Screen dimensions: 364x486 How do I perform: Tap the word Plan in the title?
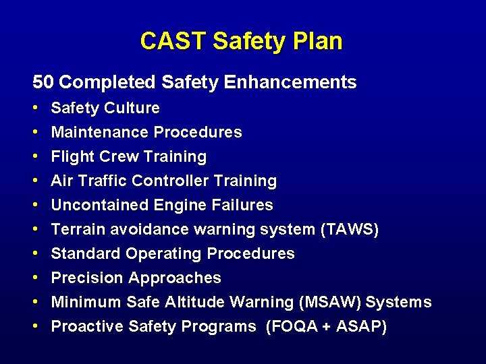pyautogui.click(x=319, y=42)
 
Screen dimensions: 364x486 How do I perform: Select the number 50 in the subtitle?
pyautogui.click(x=43, y=83)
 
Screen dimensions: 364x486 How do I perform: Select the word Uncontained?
pyautogui.click(x=98, y=206)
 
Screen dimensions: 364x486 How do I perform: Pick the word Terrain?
pyautogui.click(x=76, y=230)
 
